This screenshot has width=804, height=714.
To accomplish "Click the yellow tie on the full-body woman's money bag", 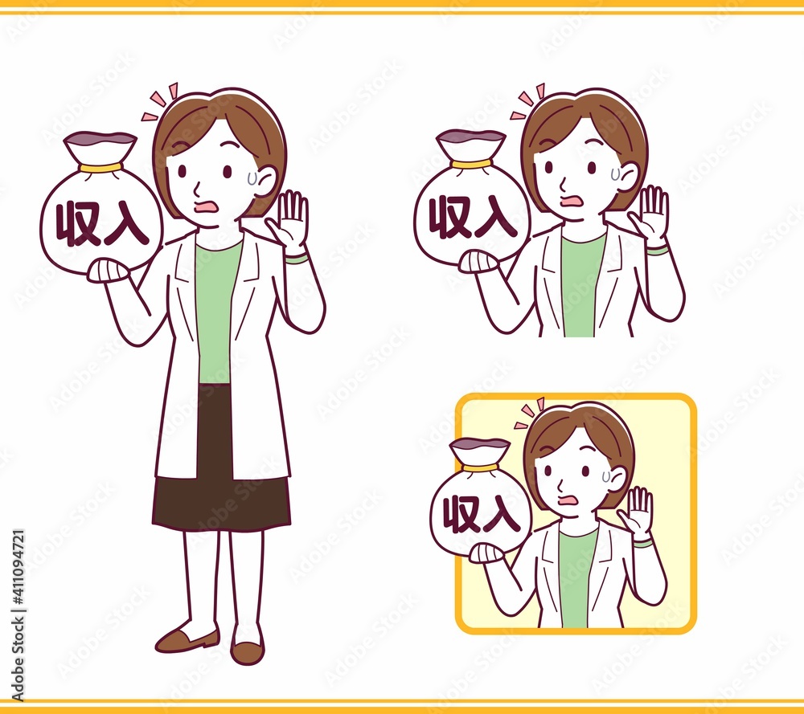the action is [101, 168].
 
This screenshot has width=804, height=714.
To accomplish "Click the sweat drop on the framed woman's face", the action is [606, 477].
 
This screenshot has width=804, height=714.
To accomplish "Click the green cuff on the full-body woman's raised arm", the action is [297, 258].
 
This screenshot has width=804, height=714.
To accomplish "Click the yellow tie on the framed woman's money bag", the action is [479, 467].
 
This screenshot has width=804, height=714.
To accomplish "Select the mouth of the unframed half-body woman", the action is [572, 200].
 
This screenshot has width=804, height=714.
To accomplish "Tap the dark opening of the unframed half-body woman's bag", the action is [470, 137].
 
